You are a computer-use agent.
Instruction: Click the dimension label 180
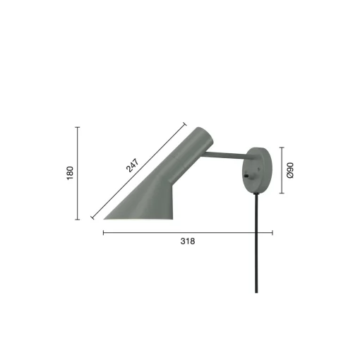pos(70,173)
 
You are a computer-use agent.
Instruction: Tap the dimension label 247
pos(133,165)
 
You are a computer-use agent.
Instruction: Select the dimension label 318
pos(188,241)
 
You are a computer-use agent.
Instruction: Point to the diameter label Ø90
pos(290,170)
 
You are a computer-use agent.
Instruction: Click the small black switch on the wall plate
pos(246,175)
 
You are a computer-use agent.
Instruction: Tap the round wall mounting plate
pos(257,171)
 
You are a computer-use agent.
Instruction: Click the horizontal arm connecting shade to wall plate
pos(226,155)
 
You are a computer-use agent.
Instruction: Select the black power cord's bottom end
pos(256,292)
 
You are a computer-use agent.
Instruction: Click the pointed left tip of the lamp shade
pos(104,219)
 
